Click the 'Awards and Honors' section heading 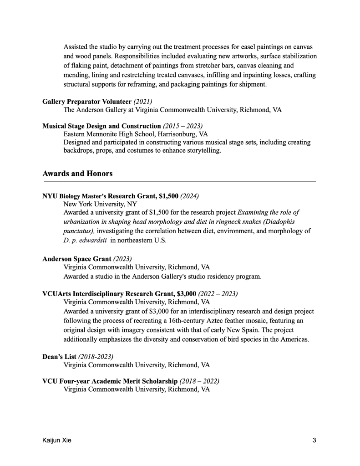pos(77,174)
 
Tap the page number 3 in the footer pos(314,440)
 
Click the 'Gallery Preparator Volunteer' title pos(86,101)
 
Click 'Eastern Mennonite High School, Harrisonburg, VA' pos(136,134)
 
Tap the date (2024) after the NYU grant pos(189,196)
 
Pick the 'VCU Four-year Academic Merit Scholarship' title pos(110,381)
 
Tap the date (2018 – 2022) pos(200,381)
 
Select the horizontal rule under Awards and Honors pos(179,181)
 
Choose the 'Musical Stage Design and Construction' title pos(101,126)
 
